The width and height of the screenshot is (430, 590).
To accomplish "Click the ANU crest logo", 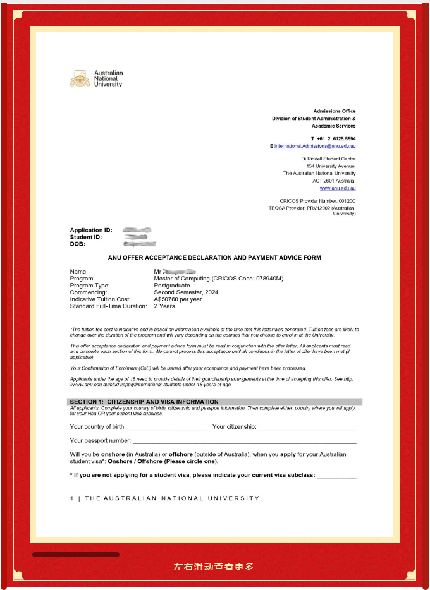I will [79, 78].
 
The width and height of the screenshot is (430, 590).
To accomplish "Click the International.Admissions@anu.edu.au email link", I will [315, 146].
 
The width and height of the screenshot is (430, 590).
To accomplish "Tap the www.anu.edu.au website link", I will [338, 188].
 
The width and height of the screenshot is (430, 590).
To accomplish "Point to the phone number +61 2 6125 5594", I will [333, 138].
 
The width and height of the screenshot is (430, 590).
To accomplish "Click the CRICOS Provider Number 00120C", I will [317, 201].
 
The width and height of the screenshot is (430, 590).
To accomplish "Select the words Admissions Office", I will [335, 111].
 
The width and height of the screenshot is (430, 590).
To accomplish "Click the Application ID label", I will [91, 231].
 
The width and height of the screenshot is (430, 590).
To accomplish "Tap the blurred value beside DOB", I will [140, 244].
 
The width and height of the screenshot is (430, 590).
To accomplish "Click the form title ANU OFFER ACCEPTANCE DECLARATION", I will [214, 258].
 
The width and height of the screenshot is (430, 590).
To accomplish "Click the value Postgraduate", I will [171, 286].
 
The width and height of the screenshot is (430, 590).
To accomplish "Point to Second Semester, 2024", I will [186, 292].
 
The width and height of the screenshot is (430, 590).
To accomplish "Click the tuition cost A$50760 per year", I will [178, 299].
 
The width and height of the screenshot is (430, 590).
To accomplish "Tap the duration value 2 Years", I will [164, 306].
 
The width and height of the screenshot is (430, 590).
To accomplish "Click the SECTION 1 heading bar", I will [214, 402].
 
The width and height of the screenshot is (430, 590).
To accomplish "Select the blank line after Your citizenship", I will [307, 428].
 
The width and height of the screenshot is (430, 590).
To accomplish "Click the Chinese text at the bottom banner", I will [214, 567].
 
